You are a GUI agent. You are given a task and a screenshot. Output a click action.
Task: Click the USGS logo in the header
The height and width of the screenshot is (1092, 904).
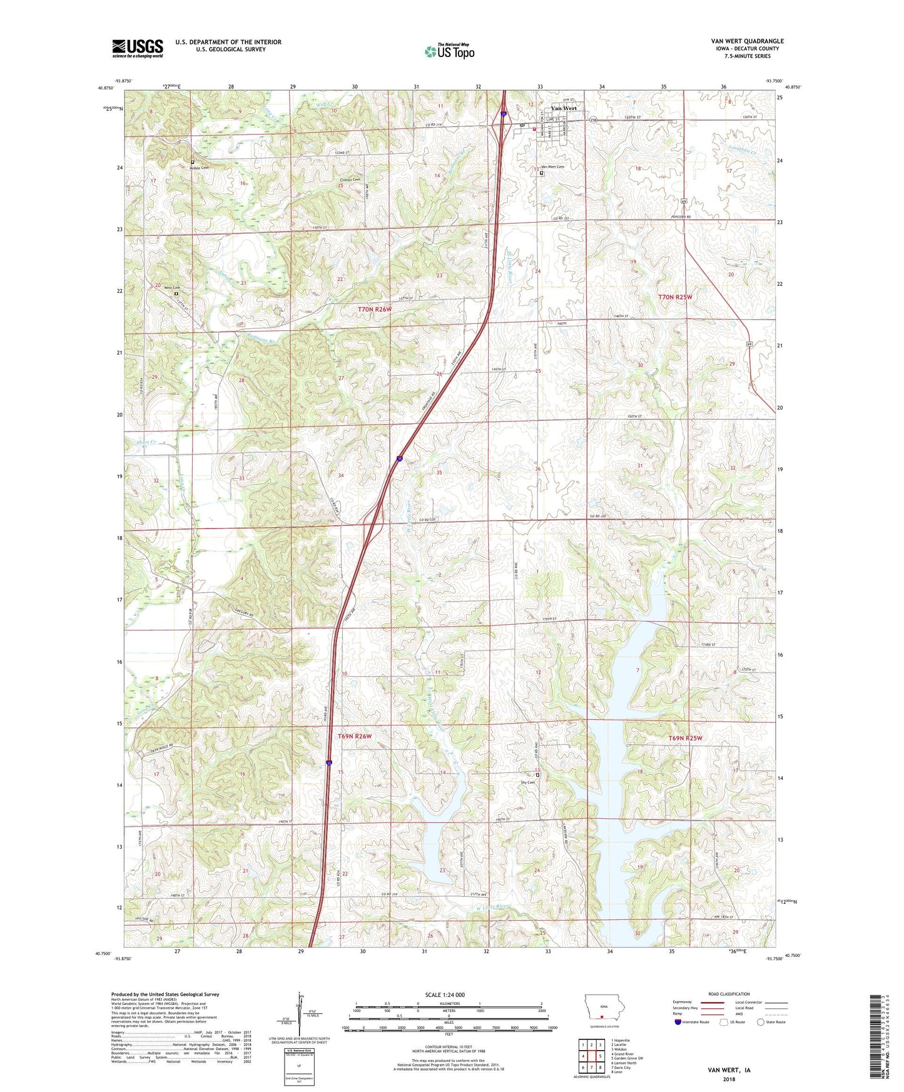138,48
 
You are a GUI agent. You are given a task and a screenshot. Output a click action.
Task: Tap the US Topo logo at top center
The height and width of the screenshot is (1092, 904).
449,51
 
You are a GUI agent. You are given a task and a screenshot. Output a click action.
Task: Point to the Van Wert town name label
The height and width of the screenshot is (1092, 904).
564,108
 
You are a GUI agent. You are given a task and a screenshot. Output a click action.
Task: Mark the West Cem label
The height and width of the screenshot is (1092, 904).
171,288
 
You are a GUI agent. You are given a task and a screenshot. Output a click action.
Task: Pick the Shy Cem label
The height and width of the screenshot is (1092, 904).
528,782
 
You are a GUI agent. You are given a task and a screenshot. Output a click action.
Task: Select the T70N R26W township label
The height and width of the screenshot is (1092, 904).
374,309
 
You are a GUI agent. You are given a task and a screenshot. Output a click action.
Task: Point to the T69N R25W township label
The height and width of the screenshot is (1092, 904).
685,738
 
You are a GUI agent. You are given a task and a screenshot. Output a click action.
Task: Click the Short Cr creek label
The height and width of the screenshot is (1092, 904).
145,442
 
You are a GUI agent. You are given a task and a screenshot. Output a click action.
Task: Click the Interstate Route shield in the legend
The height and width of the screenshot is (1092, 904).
678,1022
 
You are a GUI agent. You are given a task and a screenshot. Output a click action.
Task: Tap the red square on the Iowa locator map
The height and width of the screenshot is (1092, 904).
602,1016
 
